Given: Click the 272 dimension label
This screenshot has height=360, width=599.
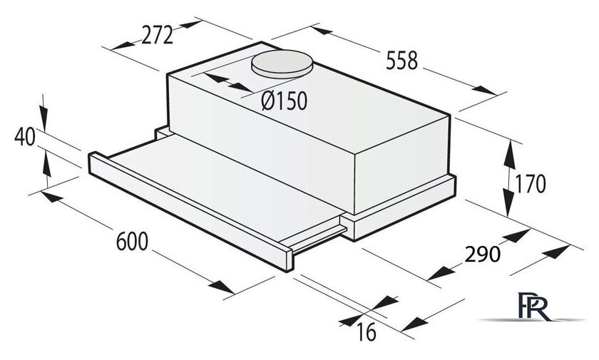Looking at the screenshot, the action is pos(158,36).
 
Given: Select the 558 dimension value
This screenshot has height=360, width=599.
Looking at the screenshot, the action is pos(402,61).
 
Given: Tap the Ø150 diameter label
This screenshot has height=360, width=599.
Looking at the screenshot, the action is pos(285,101).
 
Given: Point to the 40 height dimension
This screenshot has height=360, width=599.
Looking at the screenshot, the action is pos(25,137).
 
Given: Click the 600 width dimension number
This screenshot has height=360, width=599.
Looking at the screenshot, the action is pos(132,241).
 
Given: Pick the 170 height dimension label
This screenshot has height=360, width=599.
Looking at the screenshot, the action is pos(531,184).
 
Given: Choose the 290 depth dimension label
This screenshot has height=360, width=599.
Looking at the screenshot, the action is pos(483,254).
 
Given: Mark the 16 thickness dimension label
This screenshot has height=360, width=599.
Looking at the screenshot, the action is pos(367,331).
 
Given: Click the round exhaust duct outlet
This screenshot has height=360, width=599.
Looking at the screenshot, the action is pos(282,63).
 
